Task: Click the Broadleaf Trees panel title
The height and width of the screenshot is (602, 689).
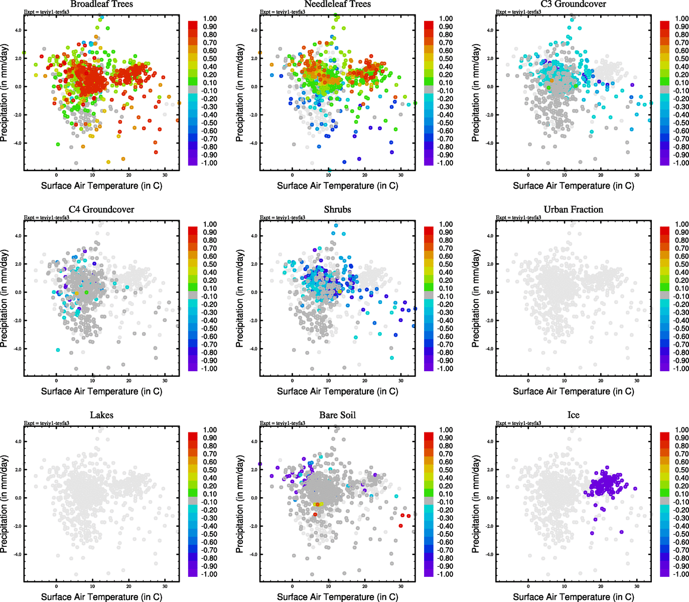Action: click(101, 4)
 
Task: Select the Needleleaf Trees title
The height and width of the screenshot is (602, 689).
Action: click(337, 4)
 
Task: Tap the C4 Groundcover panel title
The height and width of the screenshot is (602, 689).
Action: click(101, 210)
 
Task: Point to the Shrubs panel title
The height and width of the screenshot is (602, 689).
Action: click(337, 210)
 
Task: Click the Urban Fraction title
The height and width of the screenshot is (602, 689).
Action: click(573, 210)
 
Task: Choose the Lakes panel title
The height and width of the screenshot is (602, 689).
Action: click(101, 415)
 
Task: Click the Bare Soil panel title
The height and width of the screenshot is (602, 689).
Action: click(337, 415)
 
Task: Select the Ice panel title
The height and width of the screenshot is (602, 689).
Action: click(573, 415)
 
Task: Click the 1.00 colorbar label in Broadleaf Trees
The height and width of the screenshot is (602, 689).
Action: click(210, 19)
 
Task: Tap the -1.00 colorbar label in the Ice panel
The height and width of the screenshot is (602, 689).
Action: click(681, 574)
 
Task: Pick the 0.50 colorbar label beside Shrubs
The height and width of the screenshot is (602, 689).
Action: click(446, 264)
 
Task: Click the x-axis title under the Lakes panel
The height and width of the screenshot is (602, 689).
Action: click(101, 597)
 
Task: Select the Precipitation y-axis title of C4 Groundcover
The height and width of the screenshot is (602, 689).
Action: click(5, 298)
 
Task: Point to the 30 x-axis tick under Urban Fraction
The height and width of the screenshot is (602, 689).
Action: click(637, 381)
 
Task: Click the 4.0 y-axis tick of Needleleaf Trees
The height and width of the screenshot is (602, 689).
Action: click(254, 30)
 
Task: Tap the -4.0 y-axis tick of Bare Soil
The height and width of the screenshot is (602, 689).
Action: click(253, 555)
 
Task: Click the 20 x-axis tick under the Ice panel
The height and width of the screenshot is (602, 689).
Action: click(601, 586)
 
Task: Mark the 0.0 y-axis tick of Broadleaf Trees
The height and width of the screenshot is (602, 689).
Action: click(18, 87)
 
